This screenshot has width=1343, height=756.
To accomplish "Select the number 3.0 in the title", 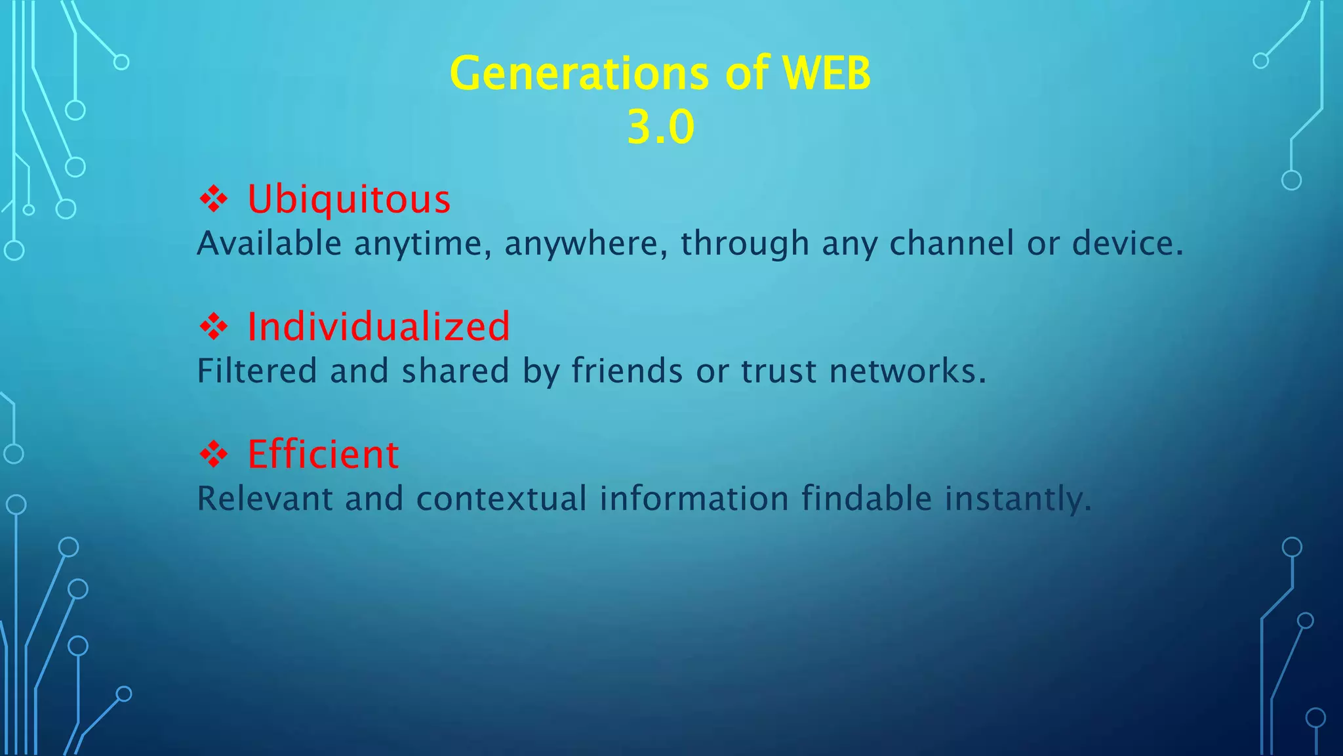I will (x=660, y=127).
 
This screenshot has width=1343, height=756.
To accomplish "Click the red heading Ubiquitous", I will (x=349, y=199).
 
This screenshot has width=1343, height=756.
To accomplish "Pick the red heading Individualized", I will (x=378, y=326).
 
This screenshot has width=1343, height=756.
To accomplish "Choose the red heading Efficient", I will (x=323, y=454).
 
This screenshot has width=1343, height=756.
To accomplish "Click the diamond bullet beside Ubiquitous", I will (x=214, y=199).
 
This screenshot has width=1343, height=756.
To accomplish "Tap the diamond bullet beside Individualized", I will (x=214, y=326).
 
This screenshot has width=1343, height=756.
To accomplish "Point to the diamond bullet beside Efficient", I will (x=214, y=454).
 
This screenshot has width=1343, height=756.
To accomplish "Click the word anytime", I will (x=423, y=244).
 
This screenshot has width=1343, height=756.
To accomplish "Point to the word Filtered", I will (x=257, y=371).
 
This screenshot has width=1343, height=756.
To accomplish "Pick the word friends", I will (x=627, y=371).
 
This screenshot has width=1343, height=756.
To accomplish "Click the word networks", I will (x=907, y=371).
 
